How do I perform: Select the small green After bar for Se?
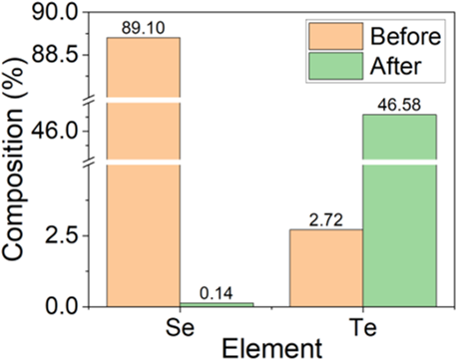click(217, 303)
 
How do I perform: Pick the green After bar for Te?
click(399, 209)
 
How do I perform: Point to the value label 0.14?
click(217, 293)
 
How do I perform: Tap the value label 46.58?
click(399, 105)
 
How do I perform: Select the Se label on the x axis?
click(180, 326)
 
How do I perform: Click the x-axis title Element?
click(271, 348)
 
